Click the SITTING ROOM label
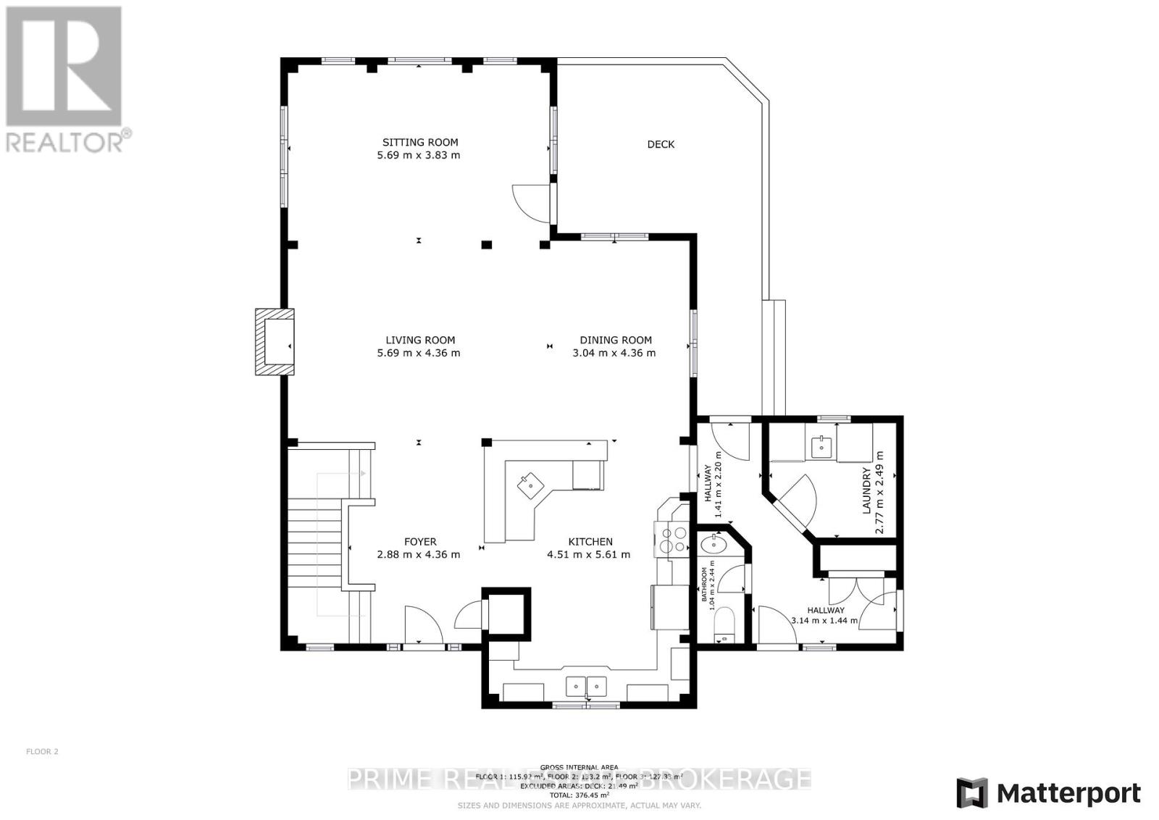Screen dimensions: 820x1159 point(420,143)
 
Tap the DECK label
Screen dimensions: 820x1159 point(660,144)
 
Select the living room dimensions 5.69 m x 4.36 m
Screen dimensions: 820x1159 point(419,353)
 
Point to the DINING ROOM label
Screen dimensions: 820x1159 point(615,340)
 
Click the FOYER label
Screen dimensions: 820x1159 point(420,542)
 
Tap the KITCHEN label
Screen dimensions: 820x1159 point(590,542)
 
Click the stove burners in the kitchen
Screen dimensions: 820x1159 point(672,540)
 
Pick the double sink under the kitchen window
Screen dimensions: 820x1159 point(585,685)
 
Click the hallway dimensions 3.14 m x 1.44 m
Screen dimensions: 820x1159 point(824,620)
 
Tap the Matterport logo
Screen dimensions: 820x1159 point(1048,793)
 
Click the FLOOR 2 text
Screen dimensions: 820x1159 point(42,751)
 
